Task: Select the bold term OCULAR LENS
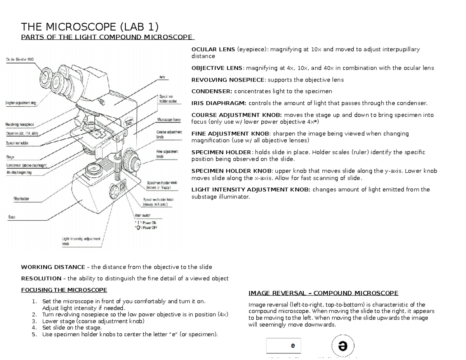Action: point(213,49)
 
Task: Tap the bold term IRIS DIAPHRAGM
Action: point(219,103)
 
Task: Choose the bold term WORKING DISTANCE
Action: point(53,267)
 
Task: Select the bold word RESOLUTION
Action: point(41,278)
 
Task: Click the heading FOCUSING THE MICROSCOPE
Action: point(64,290)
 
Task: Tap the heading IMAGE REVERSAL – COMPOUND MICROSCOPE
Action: point(323,293)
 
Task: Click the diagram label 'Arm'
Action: point(162,77)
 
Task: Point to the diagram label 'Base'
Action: point(12,217)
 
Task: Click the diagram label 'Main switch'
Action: point(143,216)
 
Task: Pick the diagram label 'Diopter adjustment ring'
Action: point(21,103)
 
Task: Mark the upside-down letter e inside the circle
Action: point(343,346)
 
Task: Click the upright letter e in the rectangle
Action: point(293,345)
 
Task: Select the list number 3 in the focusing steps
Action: point(34,321)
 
